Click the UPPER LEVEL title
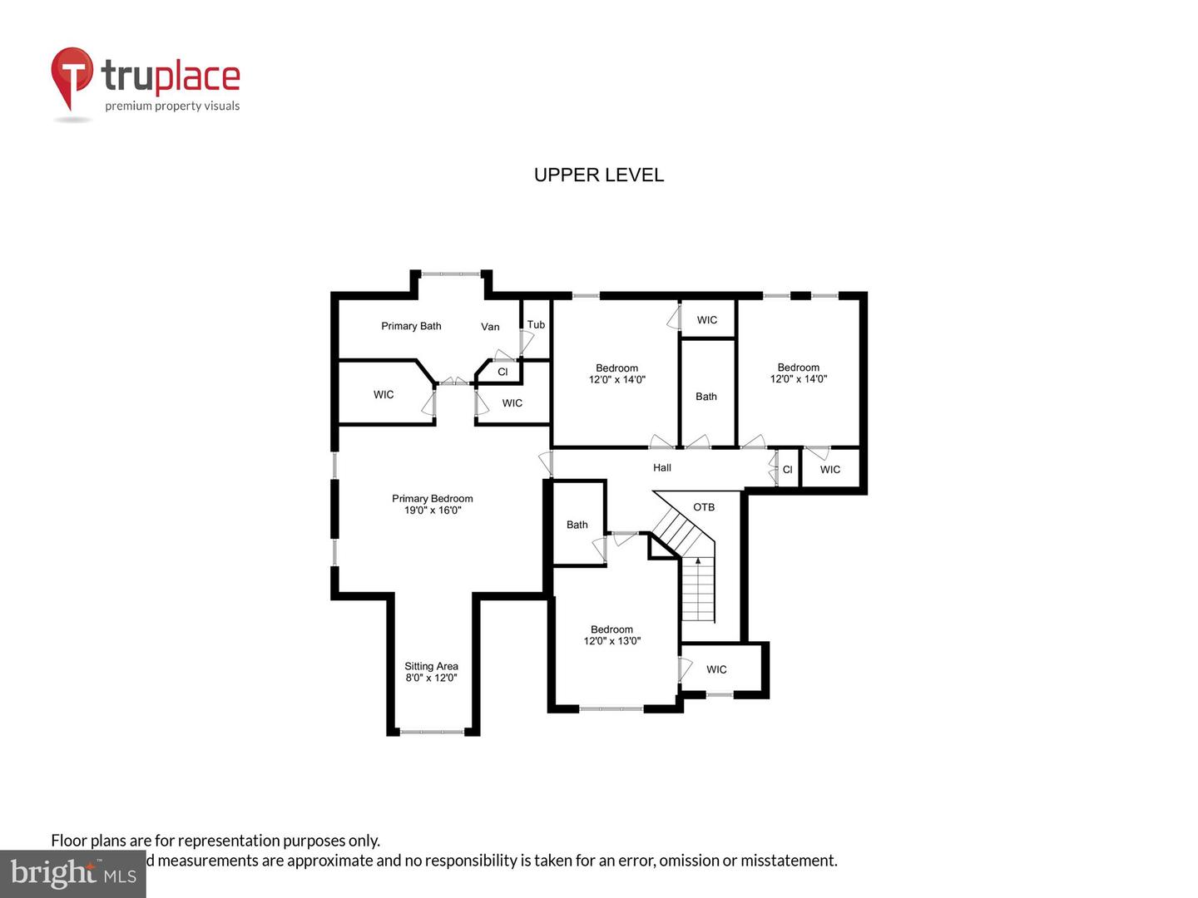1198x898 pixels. (x=598, y=175)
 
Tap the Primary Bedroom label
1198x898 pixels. (x=432, y=499)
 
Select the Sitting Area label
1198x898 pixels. (x=431, y=666)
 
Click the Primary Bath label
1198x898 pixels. (x=411, y=326)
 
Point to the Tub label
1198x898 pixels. (x=536, y=324)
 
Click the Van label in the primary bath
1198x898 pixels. (x=490, y=327)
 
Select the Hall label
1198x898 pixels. (x=661, y=467)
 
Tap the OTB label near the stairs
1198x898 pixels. (x=703, y=507)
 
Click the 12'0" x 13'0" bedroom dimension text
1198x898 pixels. (x=611, y=641)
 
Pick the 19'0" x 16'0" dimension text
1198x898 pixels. (x=432, y=511)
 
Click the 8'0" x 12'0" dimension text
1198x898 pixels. (x=431, y=678)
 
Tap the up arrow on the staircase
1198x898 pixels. (x=698, y=562)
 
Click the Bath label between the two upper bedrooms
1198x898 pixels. (x=705, y=397)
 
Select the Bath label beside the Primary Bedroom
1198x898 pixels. (x=577, y=525)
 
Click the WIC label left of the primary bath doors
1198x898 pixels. (x=384, y=395)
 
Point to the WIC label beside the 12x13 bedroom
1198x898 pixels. (x=715, y=669)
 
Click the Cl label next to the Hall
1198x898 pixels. (x=787, y=470)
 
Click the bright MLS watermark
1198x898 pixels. (x=73, y=873)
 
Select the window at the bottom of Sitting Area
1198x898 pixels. (x=432, y=732)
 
